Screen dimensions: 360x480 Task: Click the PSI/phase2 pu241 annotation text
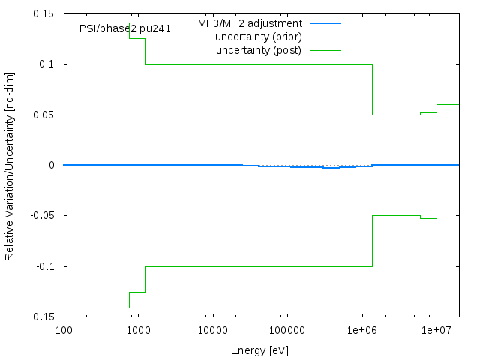click(125, 28)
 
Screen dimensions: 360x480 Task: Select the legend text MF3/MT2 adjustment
click(250, 23)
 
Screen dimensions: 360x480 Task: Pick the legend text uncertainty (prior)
click(258, 37)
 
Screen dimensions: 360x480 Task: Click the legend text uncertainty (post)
click(258, 50)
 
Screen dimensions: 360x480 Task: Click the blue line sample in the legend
click(325, 23)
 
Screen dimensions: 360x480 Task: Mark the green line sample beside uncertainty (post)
click(325, 50)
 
